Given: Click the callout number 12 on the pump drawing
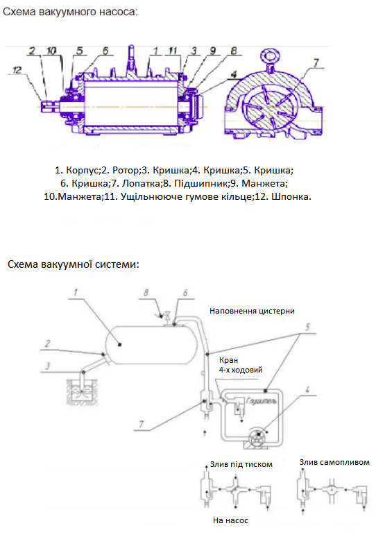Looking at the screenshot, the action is (17, 70).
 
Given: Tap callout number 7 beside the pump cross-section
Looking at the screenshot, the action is (316, 63).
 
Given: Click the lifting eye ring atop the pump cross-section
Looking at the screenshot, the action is (270, 56).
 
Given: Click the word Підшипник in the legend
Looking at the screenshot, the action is (200, 184).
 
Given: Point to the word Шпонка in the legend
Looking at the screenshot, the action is (291, 197).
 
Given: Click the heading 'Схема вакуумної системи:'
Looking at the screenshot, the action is (74, 264).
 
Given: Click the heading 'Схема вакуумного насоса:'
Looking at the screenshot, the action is (70, 12).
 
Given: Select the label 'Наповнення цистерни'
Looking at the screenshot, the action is (252, 311).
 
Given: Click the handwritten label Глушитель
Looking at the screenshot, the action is (262, 401).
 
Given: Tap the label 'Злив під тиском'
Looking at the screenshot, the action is (241, 464).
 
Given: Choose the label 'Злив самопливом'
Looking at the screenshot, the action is (334, 462).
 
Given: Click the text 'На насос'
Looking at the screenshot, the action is (230, 520).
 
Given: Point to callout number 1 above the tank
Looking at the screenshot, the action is (75, 292).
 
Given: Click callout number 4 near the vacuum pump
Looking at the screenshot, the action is (307, 389).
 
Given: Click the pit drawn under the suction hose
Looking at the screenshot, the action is (82, 392).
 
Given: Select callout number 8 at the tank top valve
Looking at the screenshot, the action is (146, 293).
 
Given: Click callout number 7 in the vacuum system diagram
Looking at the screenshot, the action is (141, 424).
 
